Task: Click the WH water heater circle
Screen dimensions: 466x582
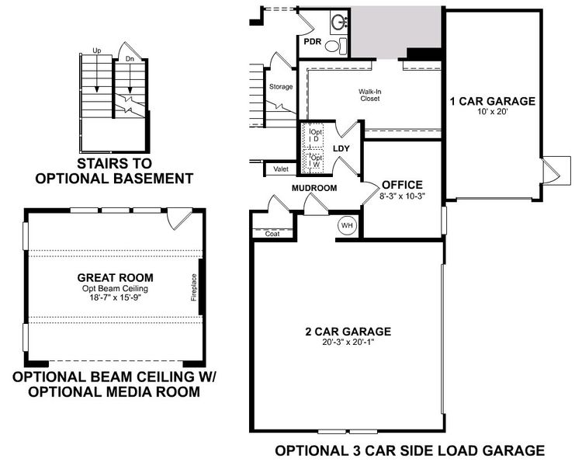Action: point(346,225)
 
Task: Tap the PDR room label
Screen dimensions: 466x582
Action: point(313,40)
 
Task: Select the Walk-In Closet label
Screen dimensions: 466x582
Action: point(369,95)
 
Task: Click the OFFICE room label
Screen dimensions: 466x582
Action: point(402,185)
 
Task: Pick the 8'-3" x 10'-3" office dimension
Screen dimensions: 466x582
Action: point(402,196)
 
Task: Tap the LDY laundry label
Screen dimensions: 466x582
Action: point(341,148)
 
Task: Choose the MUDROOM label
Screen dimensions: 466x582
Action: point(314,188)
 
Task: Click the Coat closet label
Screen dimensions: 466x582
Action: point(272,233)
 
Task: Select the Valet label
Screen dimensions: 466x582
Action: point(279,168)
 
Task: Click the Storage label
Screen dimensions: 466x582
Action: point(281,86)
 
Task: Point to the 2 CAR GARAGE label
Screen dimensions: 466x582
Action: point(347,332)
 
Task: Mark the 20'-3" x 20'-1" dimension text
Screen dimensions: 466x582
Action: point(347,343)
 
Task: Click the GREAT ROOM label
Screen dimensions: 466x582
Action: point(115,277)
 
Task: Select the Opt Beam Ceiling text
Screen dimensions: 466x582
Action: point(115,289)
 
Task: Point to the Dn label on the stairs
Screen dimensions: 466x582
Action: point(130,58)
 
